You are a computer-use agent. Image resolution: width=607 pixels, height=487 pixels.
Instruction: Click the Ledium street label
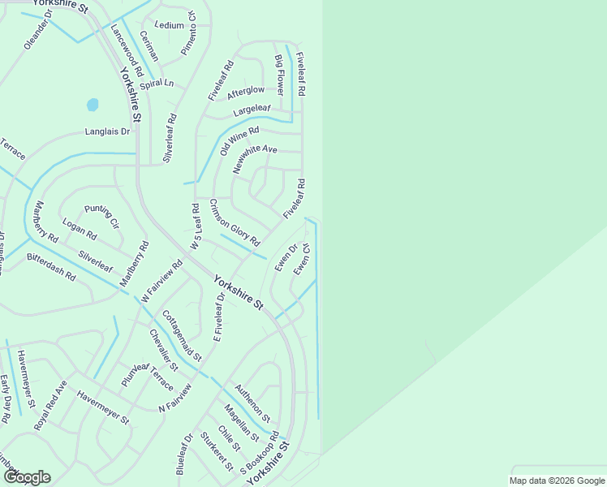coord(169,25)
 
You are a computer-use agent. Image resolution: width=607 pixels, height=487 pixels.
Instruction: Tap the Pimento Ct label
coord(189,33)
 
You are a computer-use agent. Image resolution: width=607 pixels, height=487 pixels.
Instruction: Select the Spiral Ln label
coord(157,84)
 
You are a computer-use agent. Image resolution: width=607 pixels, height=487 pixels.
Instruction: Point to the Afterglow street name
coord(246,91)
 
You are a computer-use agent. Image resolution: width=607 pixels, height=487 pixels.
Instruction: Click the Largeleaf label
coord(252,108)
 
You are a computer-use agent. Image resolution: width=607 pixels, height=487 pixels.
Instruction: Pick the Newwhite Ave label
coord(255,159)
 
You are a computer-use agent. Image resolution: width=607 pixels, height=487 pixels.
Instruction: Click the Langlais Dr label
coord(108,131)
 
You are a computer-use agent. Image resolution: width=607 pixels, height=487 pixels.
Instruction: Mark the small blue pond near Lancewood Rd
coord(93,106)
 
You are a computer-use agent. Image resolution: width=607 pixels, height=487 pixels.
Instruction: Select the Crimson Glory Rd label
coord(234,222)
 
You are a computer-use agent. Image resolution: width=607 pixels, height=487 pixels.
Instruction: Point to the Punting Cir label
coord(101,216)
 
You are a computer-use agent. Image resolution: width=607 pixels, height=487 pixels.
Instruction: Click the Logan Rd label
coord(80,229)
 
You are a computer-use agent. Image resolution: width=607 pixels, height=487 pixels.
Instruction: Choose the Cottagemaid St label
coord(182,335)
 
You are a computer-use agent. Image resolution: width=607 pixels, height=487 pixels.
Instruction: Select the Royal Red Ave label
coord(50,404)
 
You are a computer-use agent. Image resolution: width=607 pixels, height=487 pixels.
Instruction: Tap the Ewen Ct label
coord(303,259)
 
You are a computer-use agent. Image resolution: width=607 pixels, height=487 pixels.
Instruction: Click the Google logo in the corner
coord(27,476)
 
